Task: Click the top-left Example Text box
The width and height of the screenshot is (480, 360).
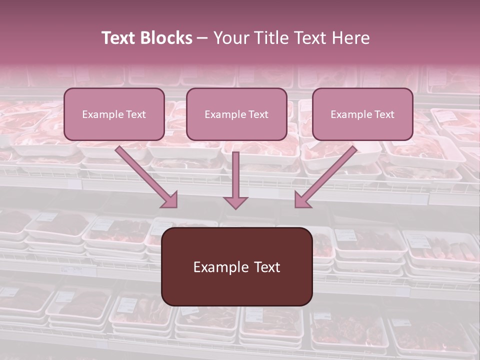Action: point(114,114)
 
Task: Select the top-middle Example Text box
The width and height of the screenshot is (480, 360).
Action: point(236,114)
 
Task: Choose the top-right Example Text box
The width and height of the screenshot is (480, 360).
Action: point(362,114)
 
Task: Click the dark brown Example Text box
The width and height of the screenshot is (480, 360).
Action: point(236,266)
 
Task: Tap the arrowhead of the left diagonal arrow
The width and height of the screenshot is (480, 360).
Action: point(170,200)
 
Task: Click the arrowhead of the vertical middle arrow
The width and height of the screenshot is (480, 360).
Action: point(235,202)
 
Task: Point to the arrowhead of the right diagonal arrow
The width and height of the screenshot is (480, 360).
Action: point(302,200)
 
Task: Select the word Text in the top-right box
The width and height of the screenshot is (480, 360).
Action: point(384,114)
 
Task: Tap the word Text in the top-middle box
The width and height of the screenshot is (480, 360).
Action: point(258,114)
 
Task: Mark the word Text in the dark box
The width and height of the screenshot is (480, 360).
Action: point(266,267)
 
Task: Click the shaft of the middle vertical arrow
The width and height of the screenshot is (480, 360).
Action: point(235,172)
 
